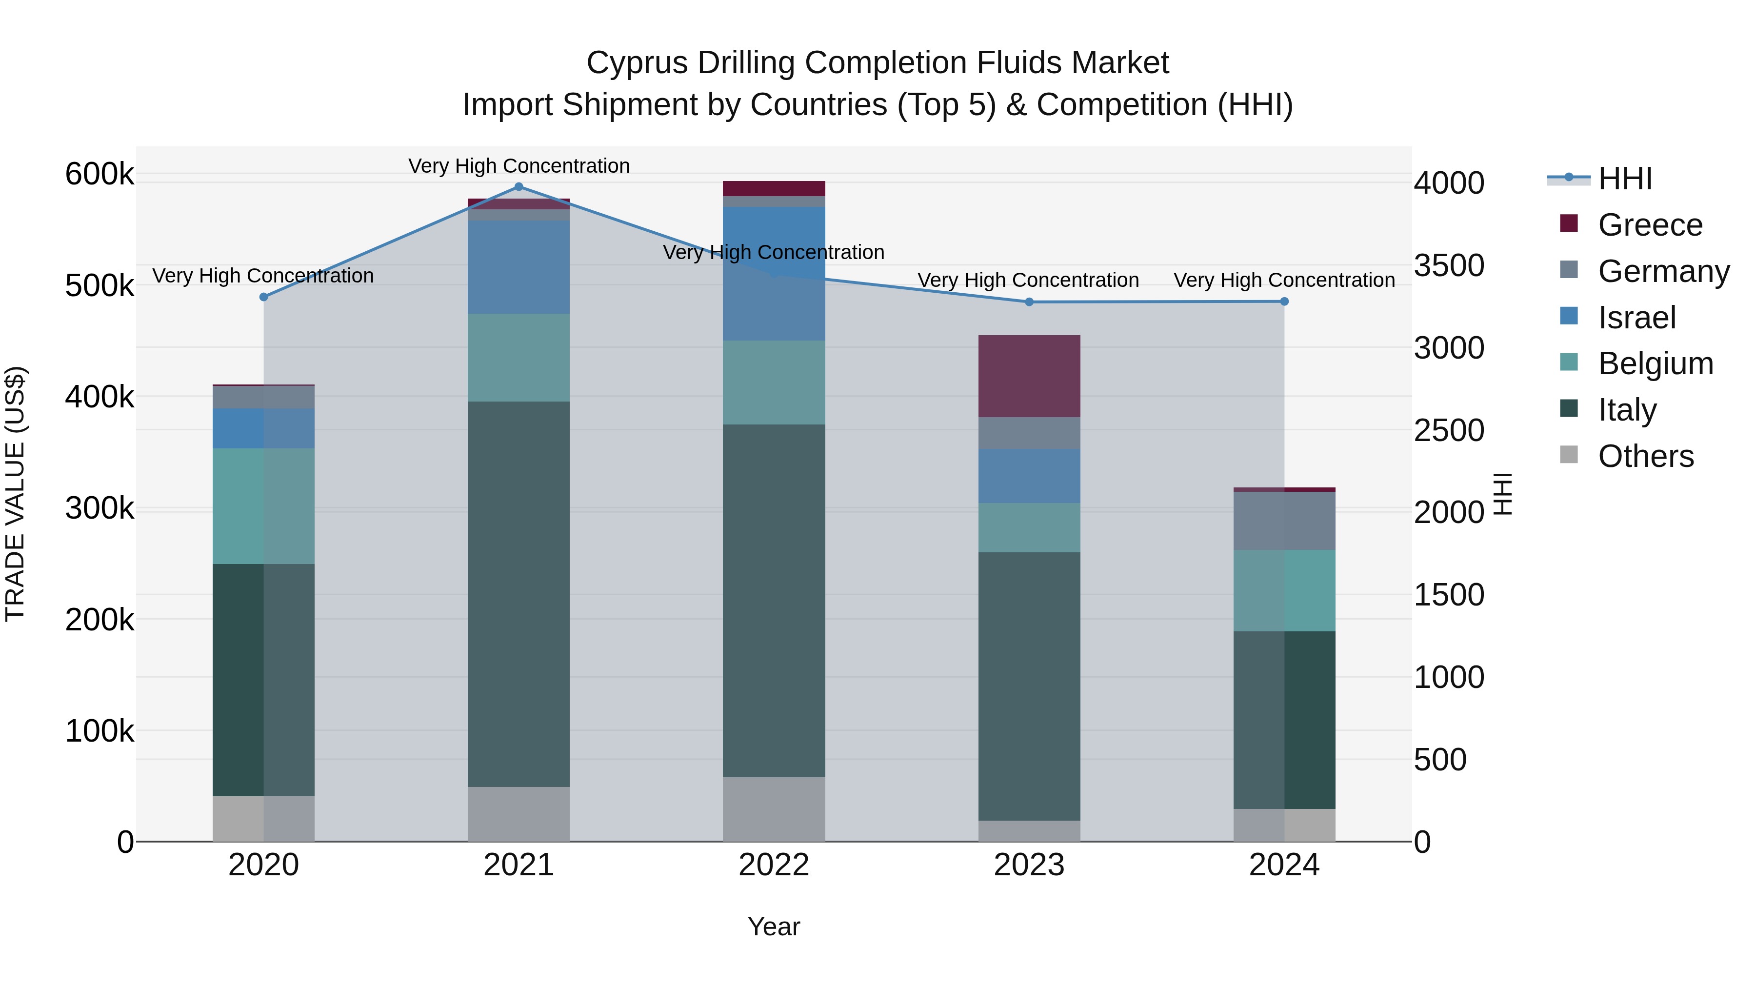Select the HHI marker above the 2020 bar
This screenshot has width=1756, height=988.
coord(264,297)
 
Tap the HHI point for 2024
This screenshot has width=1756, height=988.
coord(1284,302)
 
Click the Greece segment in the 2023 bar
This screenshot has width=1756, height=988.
coord(1029,376)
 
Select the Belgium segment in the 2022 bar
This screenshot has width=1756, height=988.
coord(774,383)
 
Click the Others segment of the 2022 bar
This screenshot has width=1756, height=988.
coord(774,808)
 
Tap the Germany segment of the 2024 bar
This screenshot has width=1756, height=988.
coord(1284,520)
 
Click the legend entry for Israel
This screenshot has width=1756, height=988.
coord(1636,318)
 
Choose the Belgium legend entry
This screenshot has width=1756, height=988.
coord(1655,363)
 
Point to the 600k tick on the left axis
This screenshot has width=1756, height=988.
coord(100,174)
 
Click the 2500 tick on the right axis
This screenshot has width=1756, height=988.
coord(1449,430)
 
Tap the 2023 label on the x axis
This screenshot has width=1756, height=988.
coord(1029,865)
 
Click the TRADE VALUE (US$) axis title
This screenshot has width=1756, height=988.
coord(15,494)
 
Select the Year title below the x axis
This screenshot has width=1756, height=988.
coord(774,927)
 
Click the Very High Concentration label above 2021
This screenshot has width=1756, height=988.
coord(519,166)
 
